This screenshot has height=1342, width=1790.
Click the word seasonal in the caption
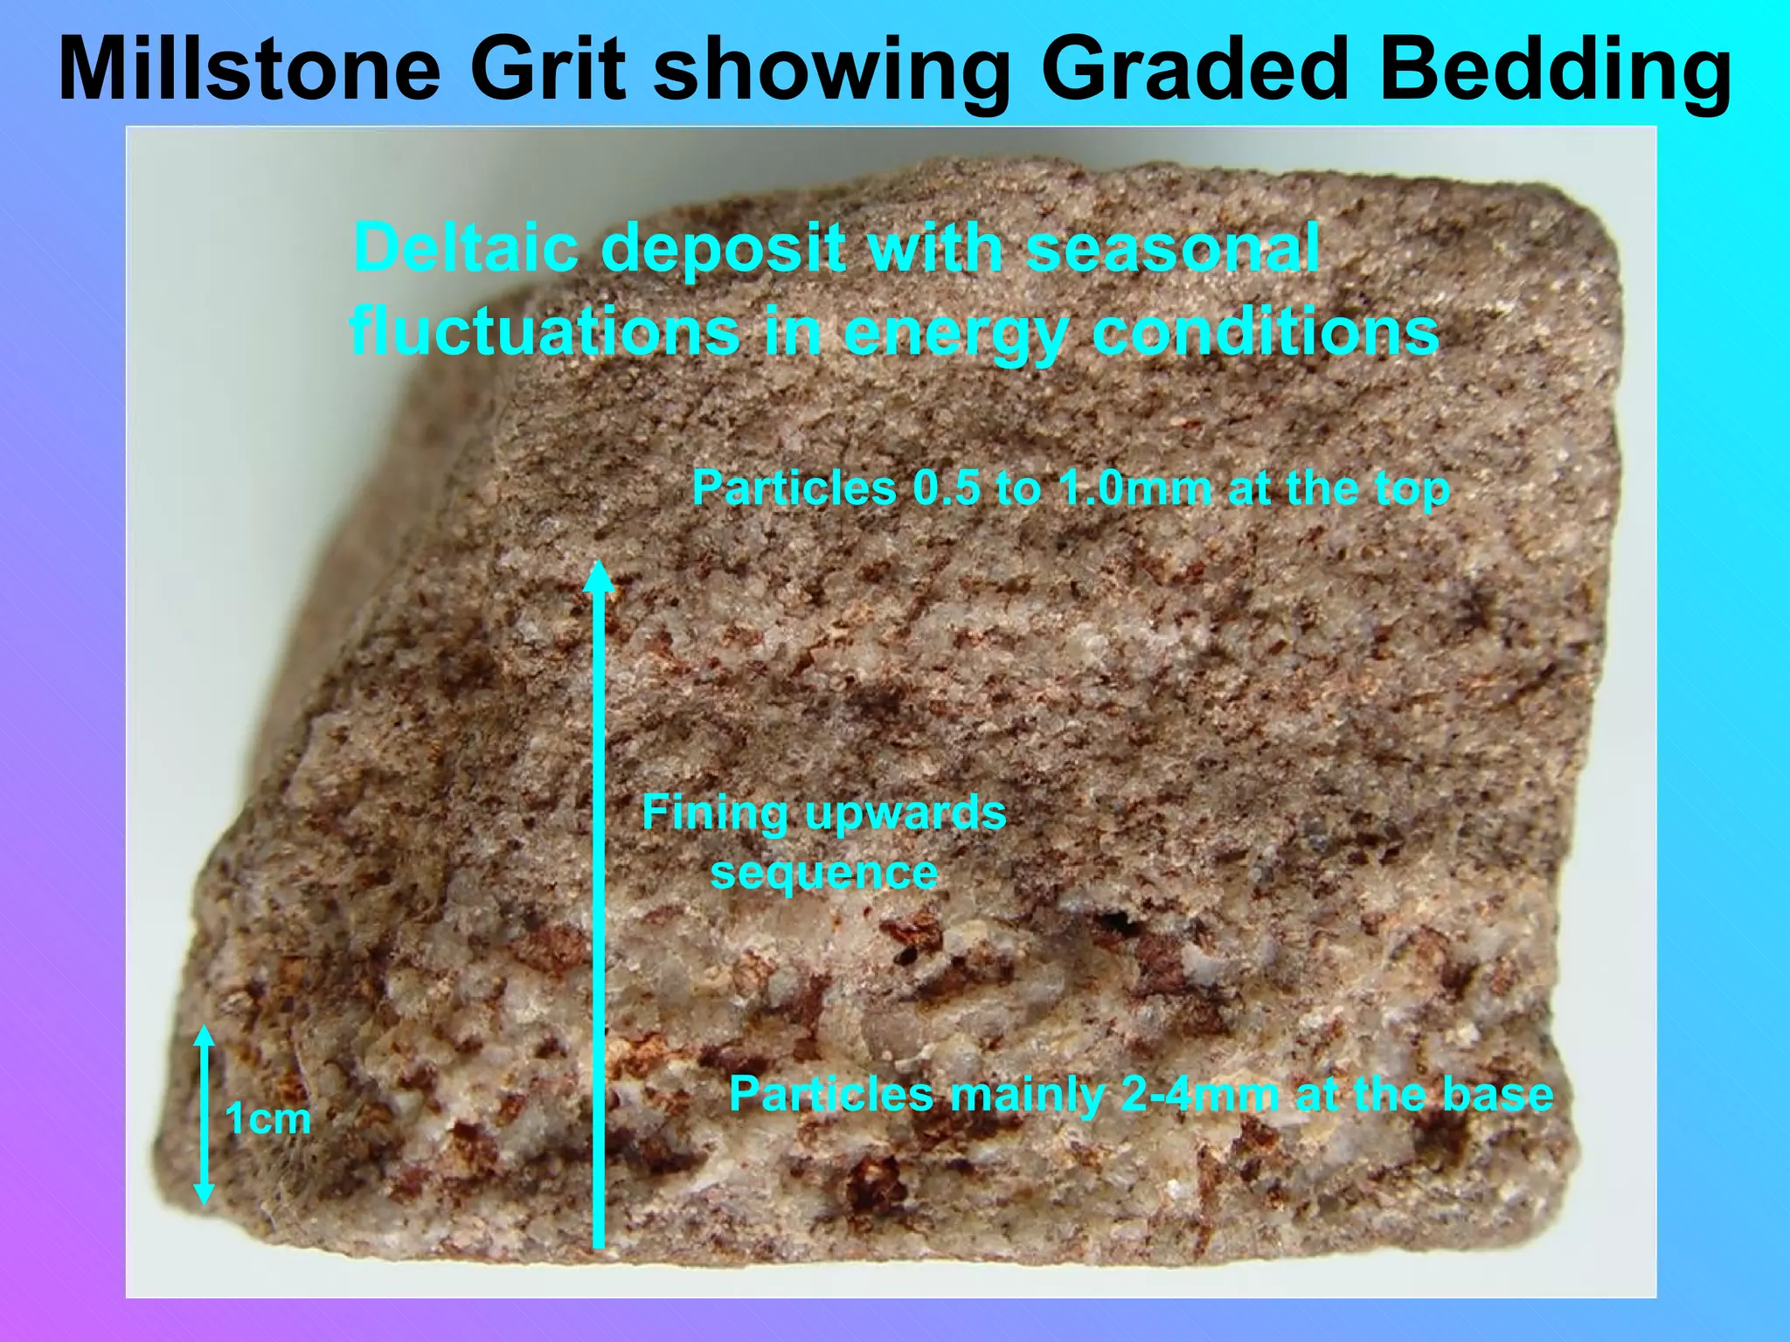tap(1173, 247)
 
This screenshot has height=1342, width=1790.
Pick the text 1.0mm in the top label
tap(1134, 488)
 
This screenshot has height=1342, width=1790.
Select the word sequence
tap(824, 872)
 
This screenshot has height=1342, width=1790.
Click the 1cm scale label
tap(267, 1119)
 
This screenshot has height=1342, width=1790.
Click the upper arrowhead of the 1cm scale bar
tap(204, 1036)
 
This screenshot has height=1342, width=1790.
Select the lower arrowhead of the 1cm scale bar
tap(204, 1194)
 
